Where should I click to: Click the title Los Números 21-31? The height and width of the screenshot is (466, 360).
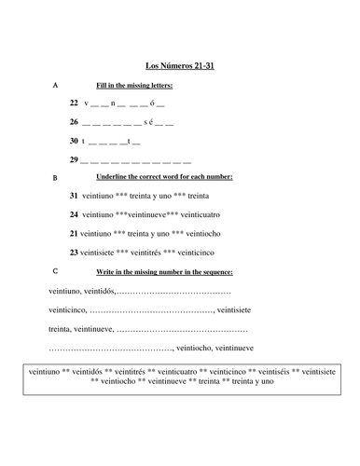coord(180,67)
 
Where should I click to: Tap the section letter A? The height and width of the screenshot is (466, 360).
coord(55,85)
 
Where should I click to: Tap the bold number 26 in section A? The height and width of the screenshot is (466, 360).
coord(74,123)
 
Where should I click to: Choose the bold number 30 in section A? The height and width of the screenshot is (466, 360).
coord(74,142)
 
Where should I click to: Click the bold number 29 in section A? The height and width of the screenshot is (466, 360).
coord(74,160)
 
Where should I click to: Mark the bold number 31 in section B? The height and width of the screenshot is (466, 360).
coord(74,197)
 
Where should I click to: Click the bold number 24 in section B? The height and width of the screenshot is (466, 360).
coord(74,215)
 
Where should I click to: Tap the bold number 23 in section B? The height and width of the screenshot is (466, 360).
coord(74,252)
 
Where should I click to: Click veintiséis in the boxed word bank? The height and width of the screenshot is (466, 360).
coord(270,370)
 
